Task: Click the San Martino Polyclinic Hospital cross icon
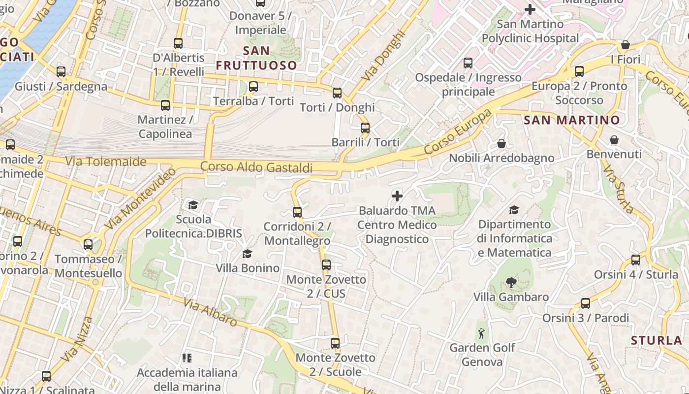click(x=530, y=9)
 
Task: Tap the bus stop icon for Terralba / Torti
click(x=253, y=87)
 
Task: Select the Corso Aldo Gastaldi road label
click(x=256, y=167)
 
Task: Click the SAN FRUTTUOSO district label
click(x=256, y=58)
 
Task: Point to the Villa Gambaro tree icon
click(x=511, y=283)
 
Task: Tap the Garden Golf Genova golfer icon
click(x=482, y=333)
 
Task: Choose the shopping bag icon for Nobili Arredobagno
click(x=501, y=143)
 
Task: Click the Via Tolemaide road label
click(x=106, y=162)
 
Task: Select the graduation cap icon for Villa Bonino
click(x=247, y=254)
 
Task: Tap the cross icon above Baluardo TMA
click(x=397, y=196)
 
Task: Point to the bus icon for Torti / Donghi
click(x=337, y=93)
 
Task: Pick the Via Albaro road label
click(x=210, y=312)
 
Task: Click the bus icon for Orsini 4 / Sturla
click(x=636, y=260)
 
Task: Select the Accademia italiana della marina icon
click(x=187, y=358)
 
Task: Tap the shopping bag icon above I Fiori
click(x=626, y=45)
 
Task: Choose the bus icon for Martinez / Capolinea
click(x=165, y=105)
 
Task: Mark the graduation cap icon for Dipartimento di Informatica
click(x=514, y=210)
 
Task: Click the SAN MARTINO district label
click(x=571, y=120)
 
